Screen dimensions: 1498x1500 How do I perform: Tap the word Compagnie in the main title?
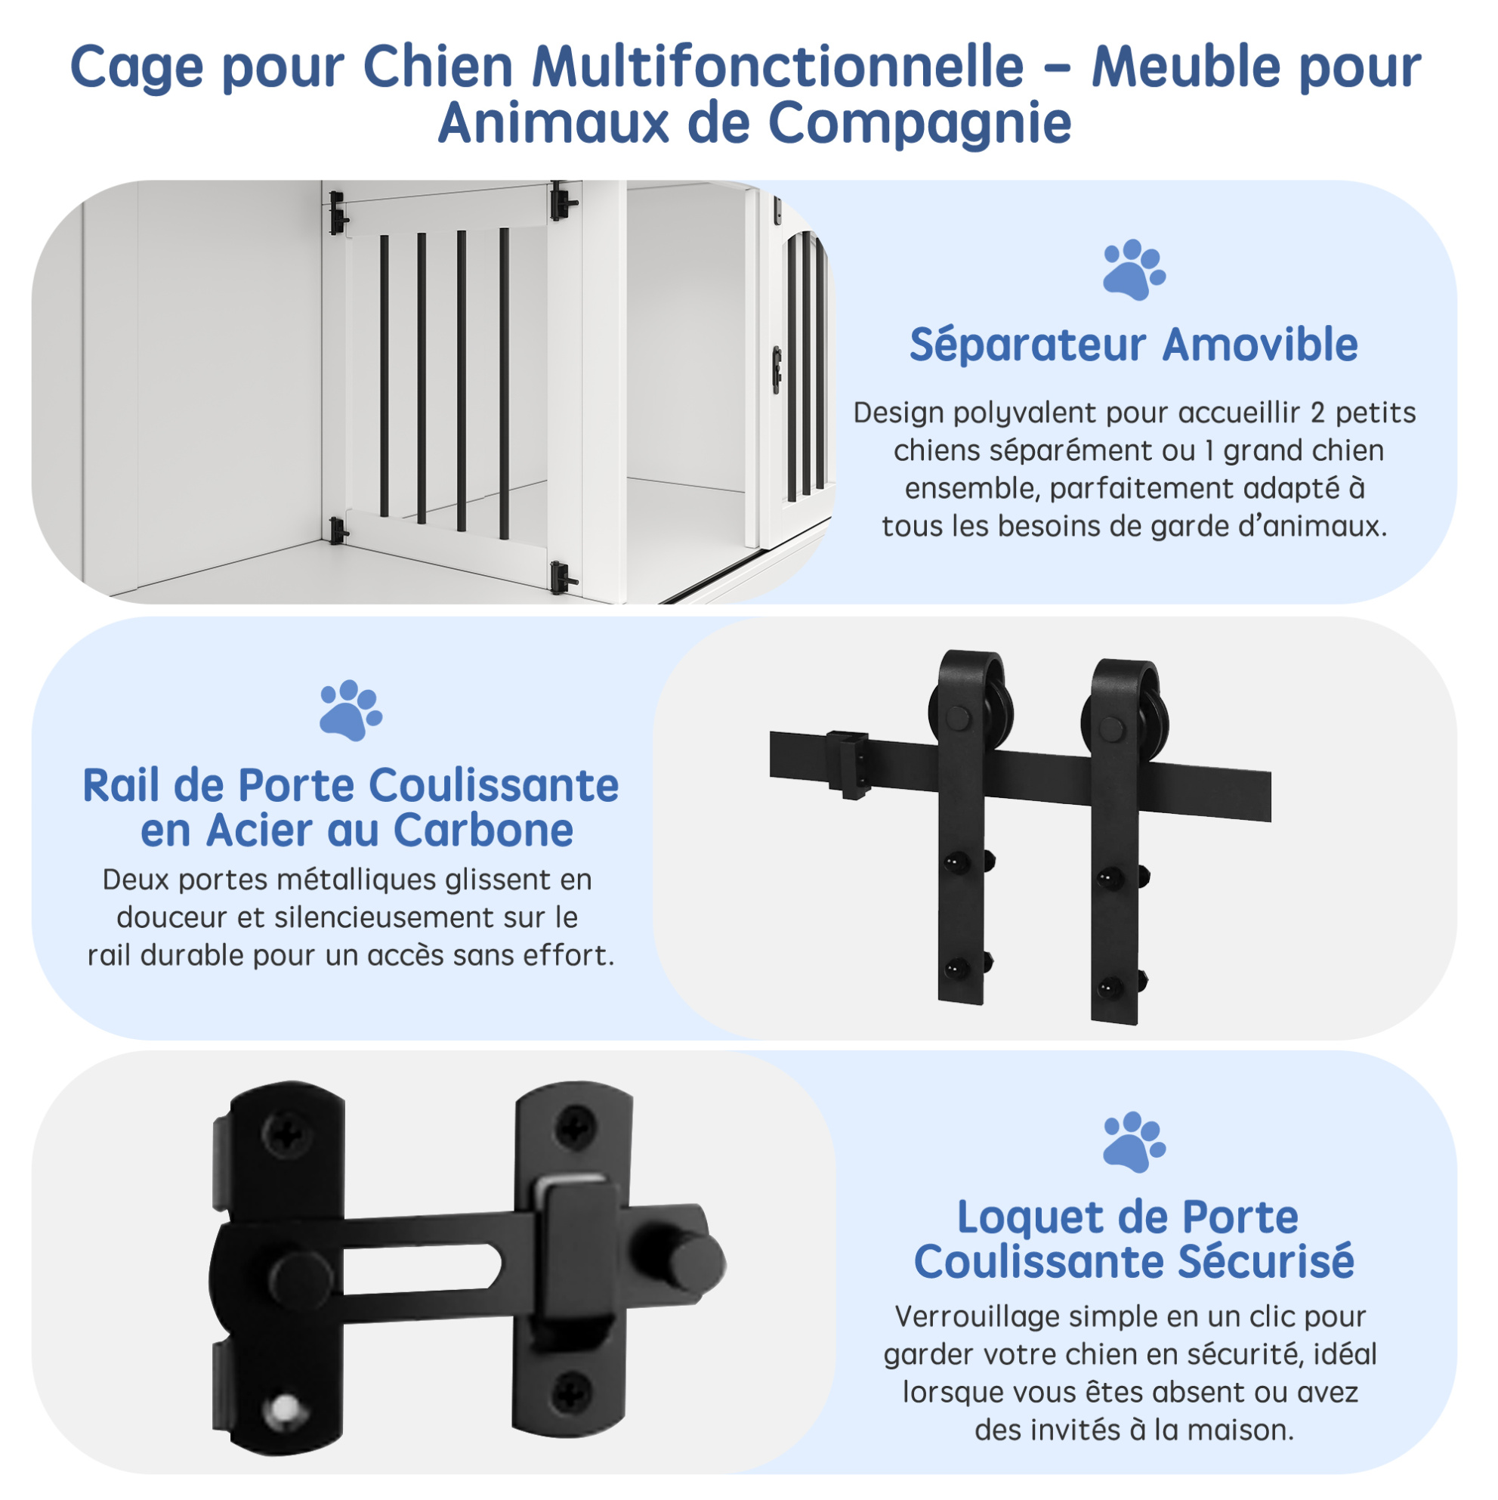coord(920,122)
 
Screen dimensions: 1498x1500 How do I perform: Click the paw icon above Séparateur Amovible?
coord(1134,270)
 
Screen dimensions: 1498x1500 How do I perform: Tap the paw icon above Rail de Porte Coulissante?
coord(351,710)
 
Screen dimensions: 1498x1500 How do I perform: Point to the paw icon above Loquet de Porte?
coord(1134,1141)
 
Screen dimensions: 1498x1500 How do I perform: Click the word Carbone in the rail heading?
coord(483,830)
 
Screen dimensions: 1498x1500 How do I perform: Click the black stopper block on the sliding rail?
coord(848,763)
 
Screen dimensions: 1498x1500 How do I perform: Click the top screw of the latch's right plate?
coord(574,1127)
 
